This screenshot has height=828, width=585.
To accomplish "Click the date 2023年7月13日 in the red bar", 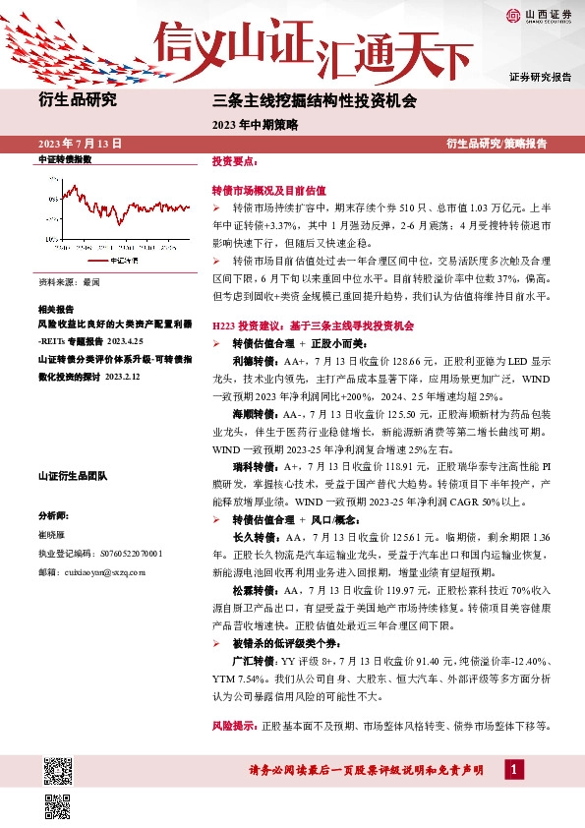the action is click(x=80, y=143).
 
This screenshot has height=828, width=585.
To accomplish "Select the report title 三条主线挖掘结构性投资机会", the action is click(x=315, y=101).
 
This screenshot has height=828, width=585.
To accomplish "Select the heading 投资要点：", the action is click(x=235, y=160).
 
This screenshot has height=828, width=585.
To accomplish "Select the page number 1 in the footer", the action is click(x=512, y=769).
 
